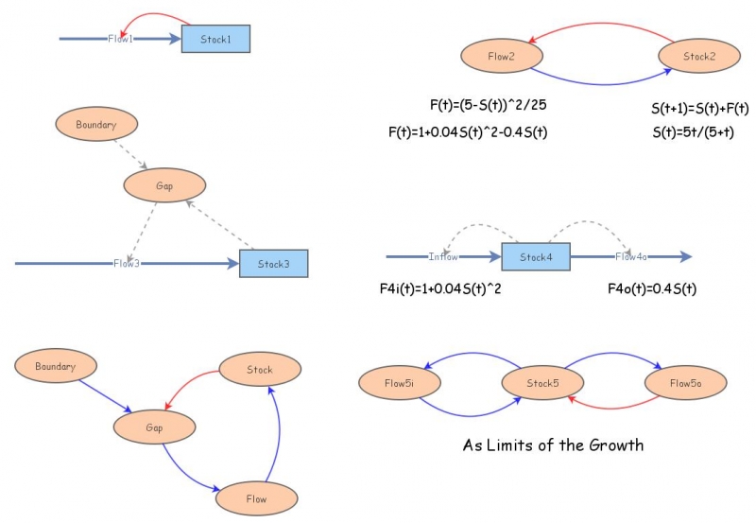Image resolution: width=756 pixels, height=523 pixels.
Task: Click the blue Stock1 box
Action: click(x=215, y=39)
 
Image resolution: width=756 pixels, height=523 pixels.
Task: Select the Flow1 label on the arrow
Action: click(x=120, y=39)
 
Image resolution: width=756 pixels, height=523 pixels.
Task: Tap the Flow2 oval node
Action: click(x=501, y=57)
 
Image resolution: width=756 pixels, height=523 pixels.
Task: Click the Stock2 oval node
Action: click(x=698, y=57)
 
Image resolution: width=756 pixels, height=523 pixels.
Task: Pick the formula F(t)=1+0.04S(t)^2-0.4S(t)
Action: click(x=468, y=132)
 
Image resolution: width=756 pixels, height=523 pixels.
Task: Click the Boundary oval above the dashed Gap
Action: click(x=96, y=124)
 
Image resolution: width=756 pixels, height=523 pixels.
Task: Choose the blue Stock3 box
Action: click(x=273, y=264)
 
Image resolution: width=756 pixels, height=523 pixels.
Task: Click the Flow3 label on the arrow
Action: click(x=126, y=263)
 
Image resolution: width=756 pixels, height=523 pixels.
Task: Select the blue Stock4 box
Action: click(x=535, y=256)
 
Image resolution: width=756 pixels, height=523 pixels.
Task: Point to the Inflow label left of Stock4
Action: click(x=443, y=256)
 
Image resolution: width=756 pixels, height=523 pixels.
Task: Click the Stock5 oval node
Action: click(x=541, y=383)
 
